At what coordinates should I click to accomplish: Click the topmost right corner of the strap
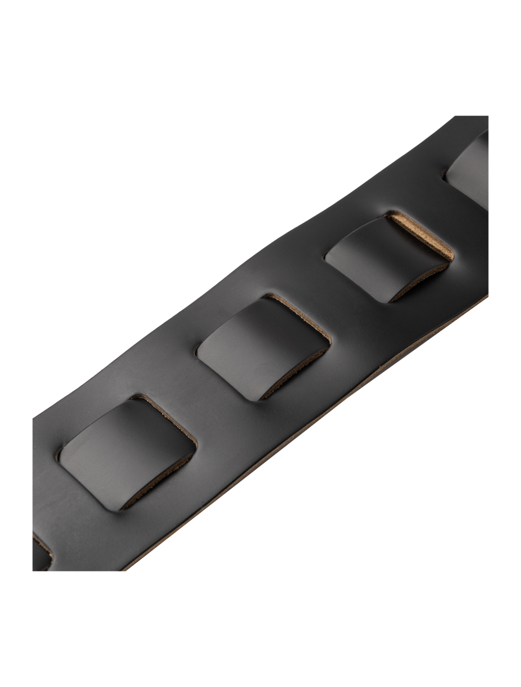click(487, 117)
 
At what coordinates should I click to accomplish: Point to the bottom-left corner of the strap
click(33, 570)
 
